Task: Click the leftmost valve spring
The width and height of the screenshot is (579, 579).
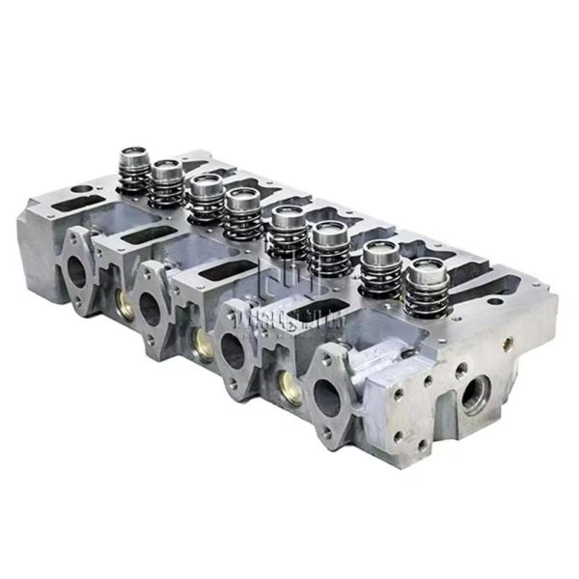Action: (133, 171)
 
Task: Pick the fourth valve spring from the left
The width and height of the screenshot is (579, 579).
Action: (242, 213)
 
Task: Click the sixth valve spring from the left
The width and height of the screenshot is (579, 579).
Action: (329, 249)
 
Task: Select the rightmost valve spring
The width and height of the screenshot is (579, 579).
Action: (426, 289)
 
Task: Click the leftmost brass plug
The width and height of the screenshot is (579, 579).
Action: (124, 305)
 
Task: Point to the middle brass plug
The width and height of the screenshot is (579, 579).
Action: (204, 342)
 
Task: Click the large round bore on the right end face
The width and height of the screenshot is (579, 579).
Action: (474, 394)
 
